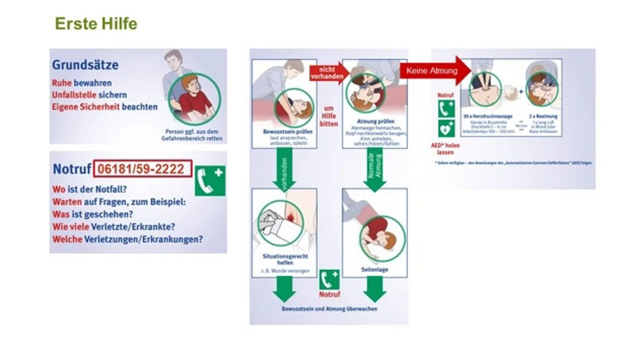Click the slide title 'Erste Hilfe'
click(96, 24)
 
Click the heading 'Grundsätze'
click(85, 65)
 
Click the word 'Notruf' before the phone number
click(71, 169)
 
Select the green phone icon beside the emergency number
click(210, 181)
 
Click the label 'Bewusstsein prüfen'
click(284, 132)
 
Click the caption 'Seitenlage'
click(375, 269)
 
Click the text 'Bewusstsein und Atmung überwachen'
click(329, 308)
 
